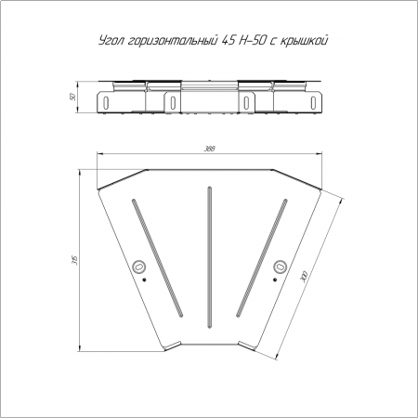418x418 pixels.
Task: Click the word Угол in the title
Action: point(111,41)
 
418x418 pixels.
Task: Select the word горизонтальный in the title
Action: point(172,41)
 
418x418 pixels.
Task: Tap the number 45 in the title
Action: point(228,41)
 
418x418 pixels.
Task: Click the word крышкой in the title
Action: point(304,41)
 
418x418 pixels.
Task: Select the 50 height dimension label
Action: point(73,98)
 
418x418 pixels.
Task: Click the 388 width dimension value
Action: point(209,149)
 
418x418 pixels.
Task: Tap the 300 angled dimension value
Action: point(304,276)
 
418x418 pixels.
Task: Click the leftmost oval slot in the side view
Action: point(106,102)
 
